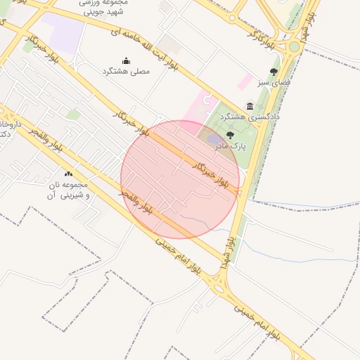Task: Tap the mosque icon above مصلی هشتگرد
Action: [126, 60]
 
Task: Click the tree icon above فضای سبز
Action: [274, 72]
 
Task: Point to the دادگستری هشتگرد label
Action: [250, 116]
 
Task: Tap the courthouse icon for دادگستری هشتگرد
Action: [250, 106]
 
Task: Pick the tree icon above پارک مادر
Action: [230, 135]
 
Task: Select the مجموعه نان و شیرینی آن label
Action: [67, 188]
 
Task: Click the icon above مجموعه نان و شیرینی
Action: [68, 174]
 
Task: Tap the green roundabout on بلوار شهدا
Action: [294, 46]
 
